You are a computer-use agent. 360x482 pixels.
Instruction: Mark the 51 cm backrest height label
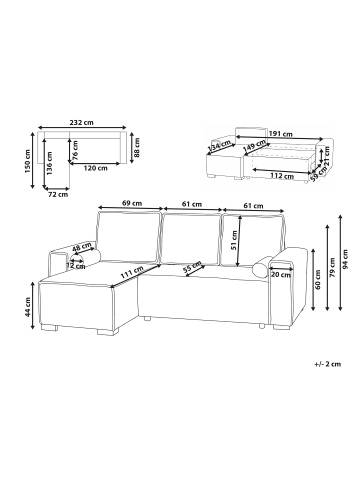pyautogui.click(x=234, y=241)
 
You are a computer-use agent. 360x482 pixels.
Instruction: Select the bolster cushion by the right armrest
pyautogui.click(x=265, y=265)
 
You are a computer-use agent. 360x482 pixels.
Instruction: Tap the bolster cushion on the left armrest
pyautogui.click(x=85, y=261)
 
